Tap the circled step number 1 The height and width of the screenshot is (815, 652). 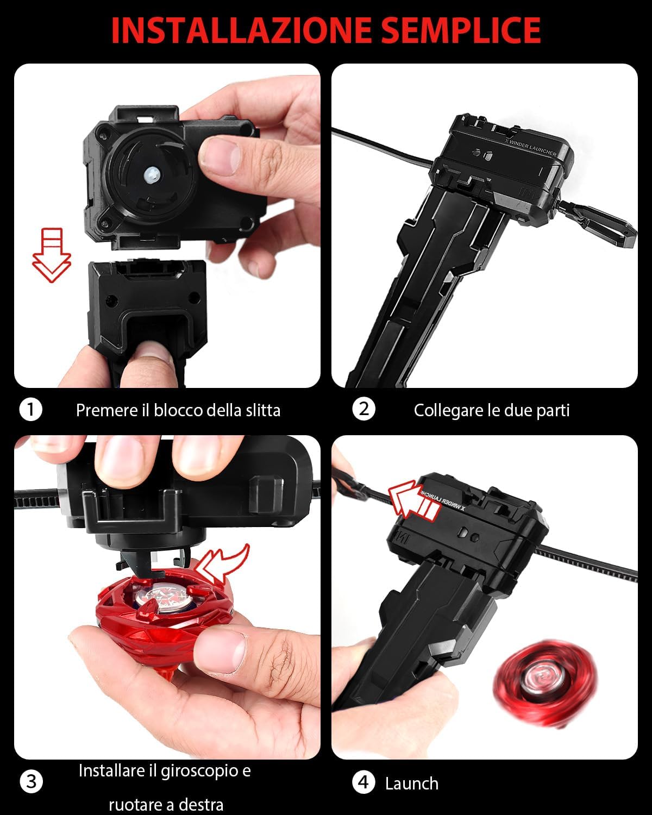point(30,409)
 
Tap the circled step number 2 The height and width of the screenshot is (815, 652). point(363,409)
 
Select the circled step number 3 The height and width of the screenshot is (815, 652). point(31,781)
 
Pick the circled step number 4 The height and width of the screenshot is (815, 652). point(363,782)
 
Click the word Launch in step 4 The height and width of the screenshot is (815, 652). point(412,783)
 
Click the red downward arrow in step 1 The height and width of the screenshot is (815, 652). point(52,255)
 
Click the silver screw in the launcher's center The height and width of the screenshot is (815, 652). point(152,175)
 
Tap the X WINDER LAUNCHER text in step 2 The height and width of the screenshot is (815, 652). point(531,148)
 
